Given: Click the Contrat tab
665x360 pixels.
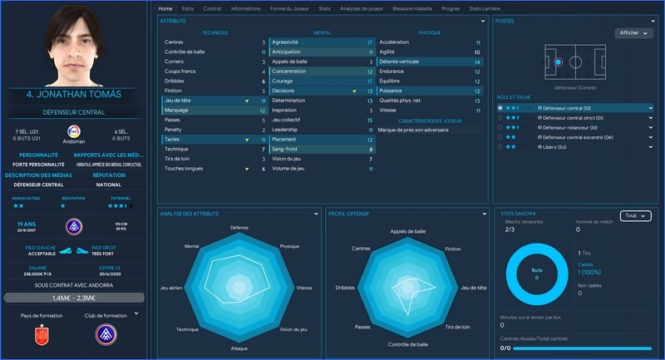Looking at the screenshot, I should click(212, 8).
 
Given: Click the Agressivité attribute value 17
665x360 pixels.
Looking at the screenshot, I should click(369, 42).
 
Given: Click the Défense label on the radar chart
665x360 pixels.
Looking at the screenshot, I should click(239, 227).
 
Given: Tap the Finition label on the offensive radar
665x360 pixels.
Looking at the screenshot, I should click(452, 249).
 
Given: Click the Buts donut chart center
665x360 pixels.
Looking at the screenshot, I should click(536, 274).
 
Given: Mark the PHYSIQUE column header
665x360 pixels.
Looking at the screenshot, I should click(429, 32).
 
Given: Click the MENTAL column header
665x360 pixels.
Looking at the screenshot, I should click(322, 32).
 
